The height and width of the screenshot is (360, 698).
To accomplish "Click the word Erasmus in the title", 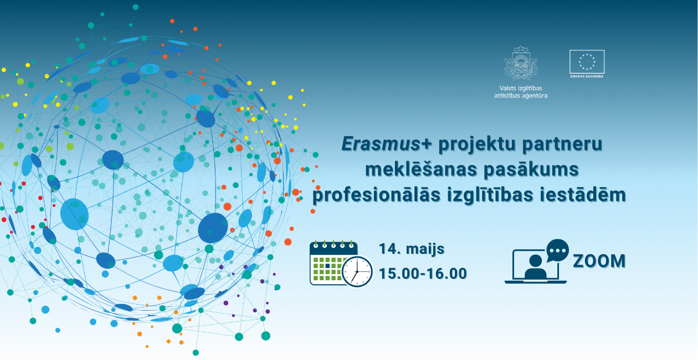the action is [x=381, y=144].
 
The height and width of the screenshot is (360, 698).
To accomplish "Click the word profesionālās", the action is [x=377, y=196].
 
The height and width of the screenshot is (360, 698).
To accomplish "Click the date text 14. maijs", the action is [x=411, y=249].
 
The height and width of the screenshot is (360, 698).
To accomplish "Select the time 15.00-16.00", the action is [x=423, y=274].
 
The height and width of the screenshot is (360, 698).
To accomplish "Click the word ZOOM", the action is [x=599, y=261].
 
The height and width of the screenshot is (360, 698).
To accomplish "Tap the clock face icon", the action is [x=357, y=271].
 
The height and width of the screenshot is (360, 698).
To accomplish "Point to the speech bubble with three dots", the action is [x=557, y=250].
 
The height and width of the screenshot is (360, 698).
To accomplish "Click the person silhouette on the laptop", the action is [x=535, y=266].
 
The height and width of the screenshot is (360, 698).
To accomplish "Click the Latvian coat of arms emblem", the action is [x=521, y=63].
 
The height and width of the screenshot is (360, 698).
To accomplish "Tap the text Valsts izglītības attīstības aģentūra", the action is [x=521, y=92].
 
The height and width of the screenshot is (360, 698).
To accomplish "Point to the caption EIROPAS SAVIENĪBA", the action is [x=587, y=76].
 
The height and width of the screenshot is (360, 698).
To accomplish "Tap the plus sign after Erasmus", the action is [x=427, y=144].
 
